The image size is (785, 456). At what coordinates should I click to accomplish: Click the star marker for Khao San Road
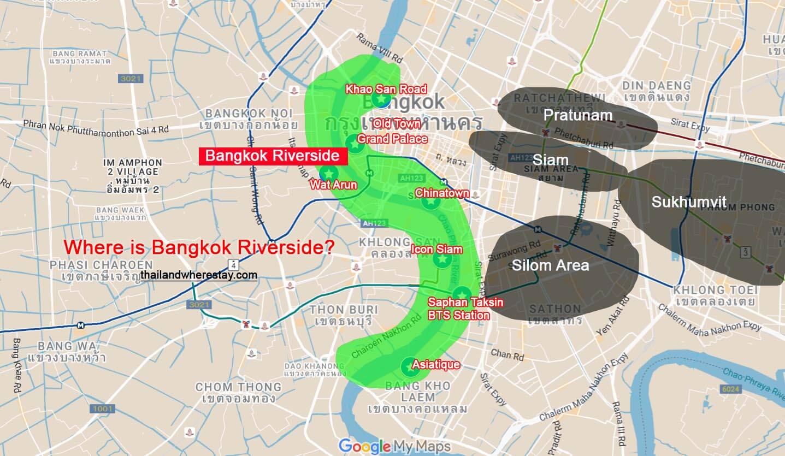click(381, 99)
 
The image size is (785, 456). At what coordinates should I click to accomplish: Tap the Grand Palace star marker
click(354, 144)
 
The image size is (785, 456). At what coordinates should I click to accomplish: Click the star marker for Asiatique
click(410, 367)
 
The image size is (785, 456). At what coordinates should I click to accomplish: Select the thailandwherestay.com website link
click(198, 275)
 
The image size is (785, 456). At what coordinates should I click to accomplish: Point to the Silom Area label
click(550, 265)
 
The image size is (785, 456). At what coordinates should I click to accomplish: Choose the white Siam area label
click(550, 160)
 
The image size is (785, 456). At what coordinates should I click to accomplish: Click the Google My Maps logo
click(394, 446)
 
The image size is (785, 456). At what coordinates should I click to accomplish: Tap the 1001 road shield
click(103, 409)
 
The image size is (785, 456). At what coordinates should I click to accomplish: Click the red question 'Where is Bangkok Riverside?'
click(199, 247)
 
